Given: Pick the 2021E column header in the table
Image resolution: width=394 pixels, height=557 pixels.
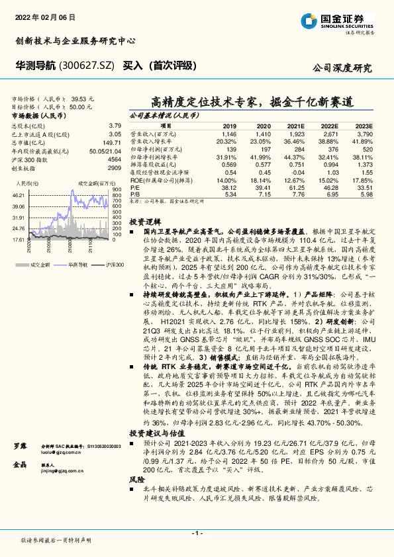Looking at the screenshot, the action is (295, 126).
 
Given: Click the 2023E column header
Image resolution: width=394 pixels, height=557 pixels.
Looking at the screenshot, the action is (364, 126).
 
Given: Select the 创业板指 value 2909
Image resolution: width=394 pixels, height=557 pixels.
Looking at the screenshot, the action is (115, 168).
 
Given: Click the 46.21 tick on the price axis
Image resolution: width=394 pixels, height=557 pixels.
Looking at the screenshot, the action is (18, 195).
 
